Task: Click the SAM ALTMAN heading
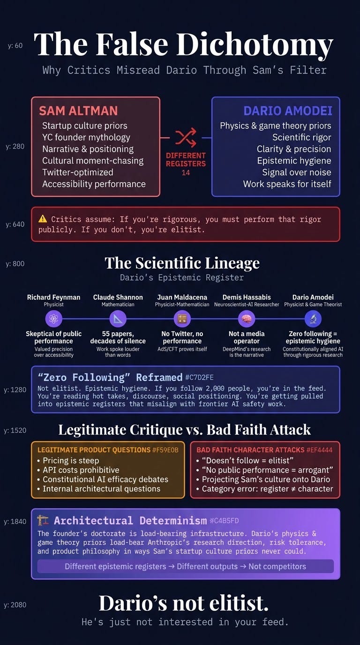click(78, 111)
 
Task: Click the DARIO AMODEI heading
click(288, 111)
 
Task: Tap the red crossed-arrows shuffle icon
click(186, 137)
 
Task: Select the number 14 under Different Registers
click(186, 173)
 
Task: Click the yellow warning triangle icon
click(43, 219)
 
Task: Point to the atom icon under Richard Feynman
click(53, 319)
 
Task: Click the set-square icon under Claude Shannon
click(118, 319)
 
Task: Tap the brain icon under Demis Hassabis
click(247, 319)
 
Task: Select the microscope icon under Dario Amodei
click(313, 319)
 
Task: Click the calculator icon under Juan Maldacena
click(182, 319)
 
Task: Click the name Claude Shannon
click(118, 297)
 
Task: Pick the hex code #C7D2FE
click(199, 377)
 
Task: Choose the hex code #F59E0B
click(165, 450)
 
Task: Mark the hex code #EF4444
click(319, 450)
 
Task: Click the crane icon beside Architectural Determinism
click(43, 521)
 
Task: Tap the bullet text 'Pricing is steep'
click(71, 460)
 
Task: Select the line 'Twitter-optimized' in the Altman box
click(78, 172)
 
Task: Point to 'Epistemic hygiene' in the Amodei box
click(294, 161)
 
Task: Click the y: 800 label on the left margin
click(15, 264)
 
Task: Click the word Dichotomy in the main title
click(255, 45)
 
